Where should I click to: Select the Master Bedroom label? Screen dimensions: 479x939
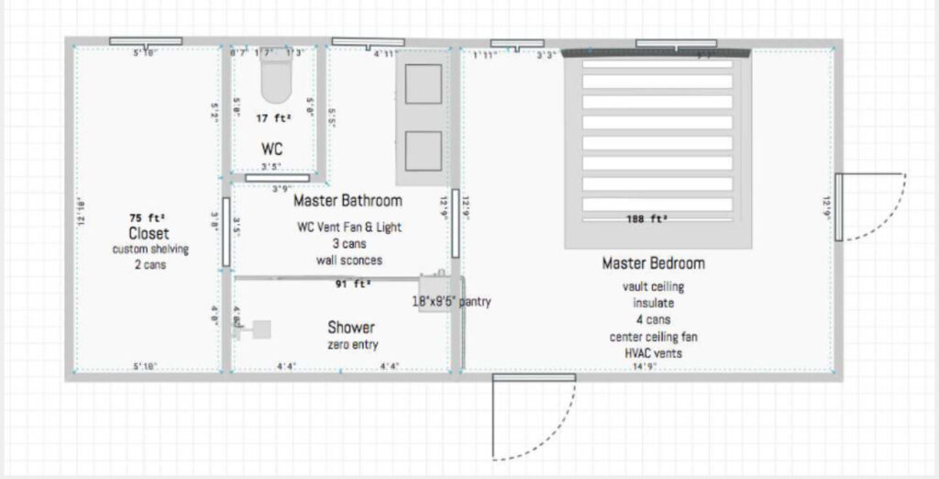pos(653,263)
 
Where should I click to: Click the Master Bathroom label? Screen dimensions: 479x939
pos(348,200)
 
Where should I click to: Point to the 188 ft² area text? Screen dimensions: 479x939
pos(646,219)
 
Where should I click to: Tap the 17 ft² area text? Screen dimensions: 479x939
pos(273,118)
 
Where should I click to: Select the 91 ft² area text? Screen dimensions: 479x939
pos(353,284)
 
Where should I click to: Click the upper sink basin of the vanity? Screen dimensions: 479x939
pos(423,84)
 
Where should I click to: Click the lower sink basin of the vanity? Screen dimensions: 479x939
pos(423,150)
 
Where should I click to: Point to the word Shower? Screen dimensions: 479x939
pos(351,328)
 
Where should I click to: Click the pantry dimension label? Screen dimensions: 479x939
pos(450,301)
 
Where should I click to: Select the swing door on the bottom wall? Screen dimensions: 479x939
pos(532,418)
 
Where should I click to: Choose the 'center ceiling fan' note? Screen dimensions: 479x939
pos(652,337)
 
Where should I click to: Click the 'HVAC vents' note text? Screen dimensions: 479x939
pos(652,353)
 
